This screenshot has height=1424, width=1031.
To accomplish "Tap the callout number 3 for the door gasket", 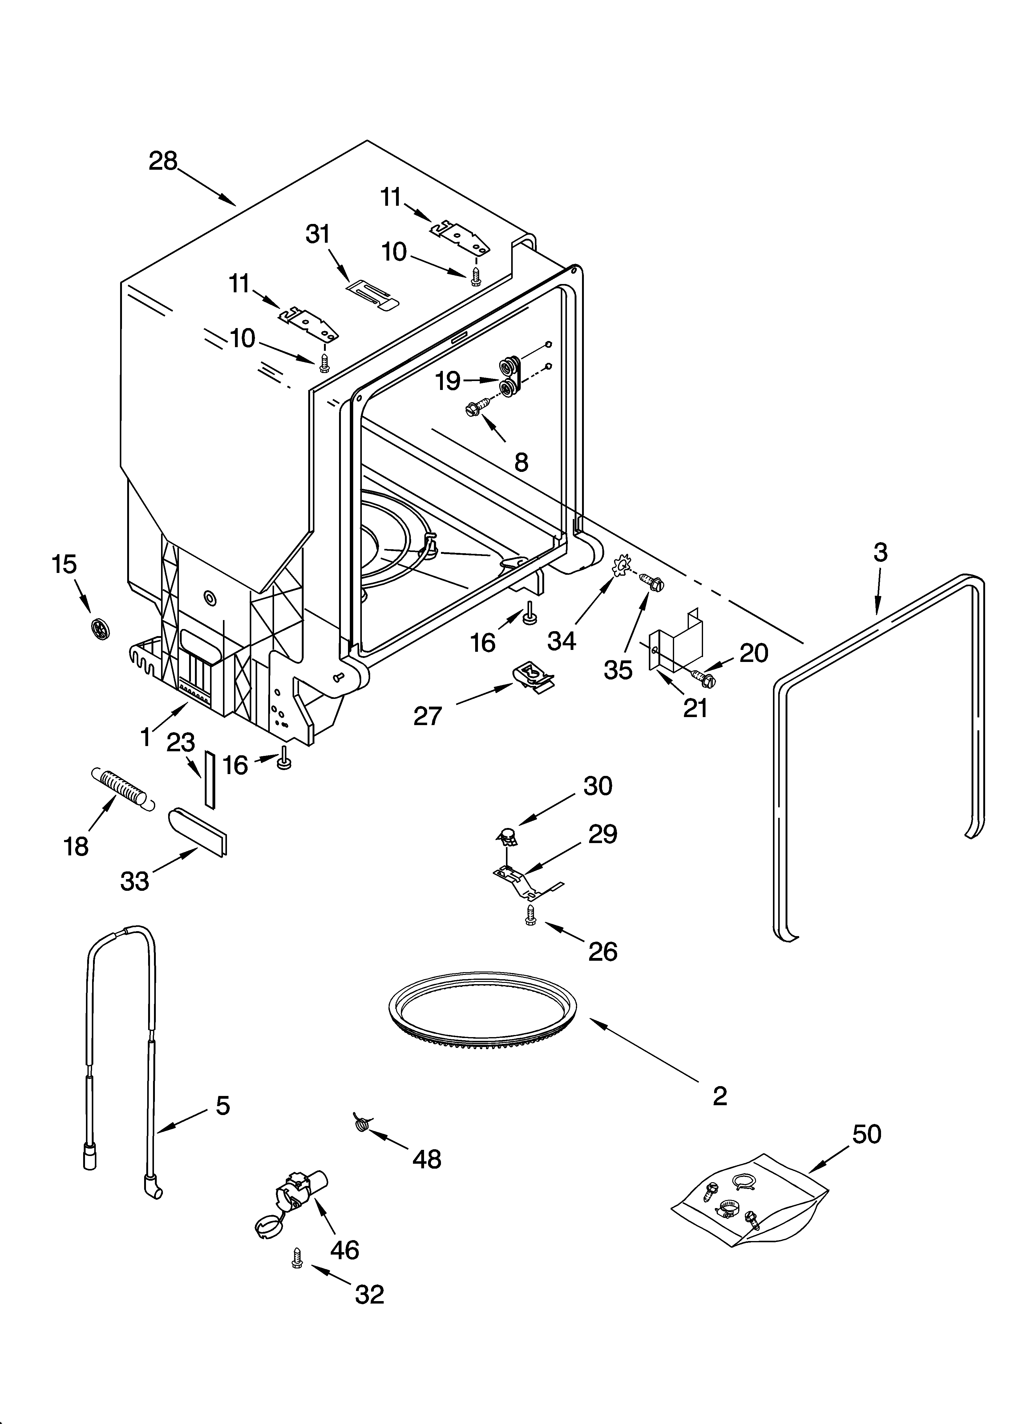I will point(880,553).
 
